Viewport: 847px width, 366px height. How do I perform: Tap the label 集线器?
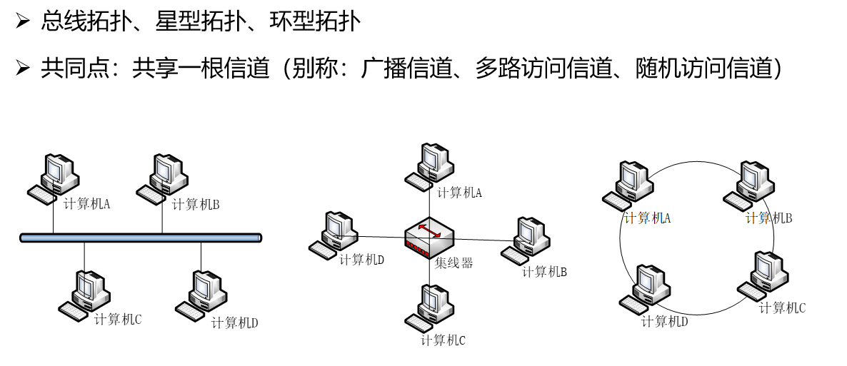[x=454, y=263]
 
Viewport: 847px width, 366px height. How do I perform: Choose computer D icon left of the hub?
[x=334, y=234]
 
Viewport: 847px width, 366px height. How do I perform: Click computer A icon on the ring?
[x=628, y=184]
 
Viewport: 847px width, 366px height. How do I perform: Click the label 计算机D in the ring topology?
[x=664, y=321]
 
